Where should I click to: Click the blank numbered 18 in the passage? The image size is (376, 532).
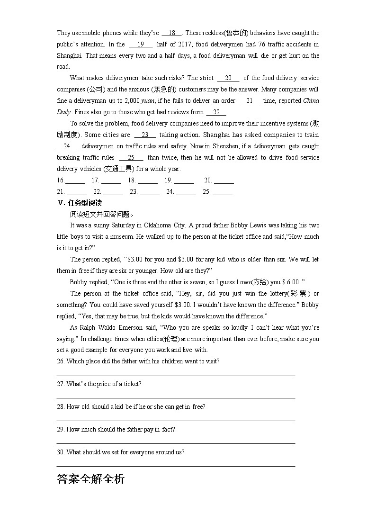[x=172, y=33]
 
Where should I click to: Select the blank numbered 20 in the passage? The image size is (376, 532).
[x=228, y=78]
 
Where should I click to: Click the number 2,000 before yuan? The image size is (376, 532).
[x=132, y=101]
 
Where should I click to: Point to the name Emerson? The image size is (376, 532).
[x=143, y=328]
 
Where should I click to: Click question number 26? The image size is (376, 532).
[x=61, y=361]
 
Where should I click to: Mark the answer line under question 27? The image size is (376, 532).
[x=176, y=398]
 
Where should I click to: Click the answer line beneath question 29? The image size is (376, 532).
[x=176, y=443]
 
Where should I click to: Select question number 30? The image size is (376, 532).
[x=61, y=452]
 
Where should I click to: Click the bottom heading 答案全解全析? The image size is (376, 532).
[x=90, y=479]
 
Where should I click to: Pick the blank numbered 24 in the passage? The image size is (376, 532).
[x=67, y=146]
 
